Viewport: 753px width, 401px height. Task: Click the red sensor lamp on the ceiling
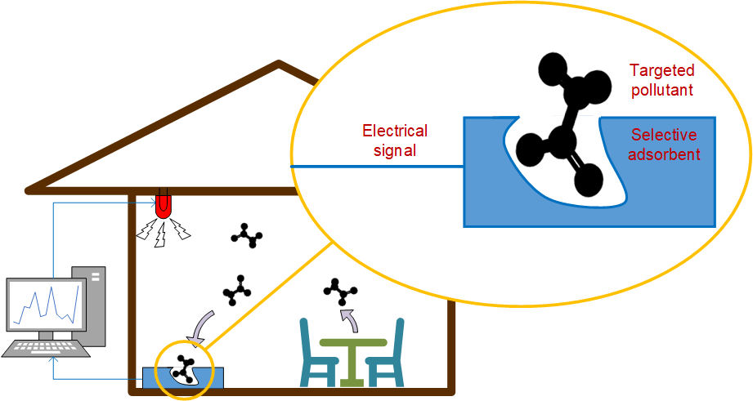point(164,204)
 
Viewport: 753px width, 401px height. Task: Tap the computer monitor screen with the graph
point(46,309)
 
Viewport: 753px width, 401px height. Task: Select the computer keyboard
point(47,348)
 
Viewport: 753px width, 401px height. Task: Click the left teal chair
point(316,355)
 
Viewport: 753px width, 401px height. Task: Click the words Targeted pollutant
point(661,80)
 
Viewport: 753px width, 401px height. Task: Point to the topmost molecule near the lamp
point(247,236)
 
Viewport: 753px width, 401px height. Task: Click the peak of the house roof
point(280,64)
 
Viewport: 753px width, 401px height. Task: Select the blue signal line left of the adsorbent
point(376,167)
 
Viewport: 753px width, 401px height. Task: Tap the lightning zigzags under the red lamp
point(164,230)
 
